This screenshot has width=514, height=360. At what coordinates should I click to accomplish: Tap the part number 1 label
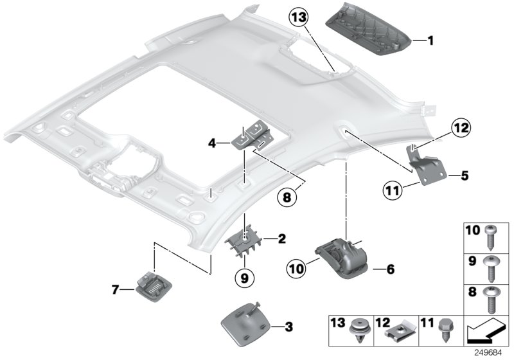pos(431,41)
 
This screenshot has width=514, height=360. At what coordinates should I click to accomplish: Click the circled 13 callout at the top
pos(300,17)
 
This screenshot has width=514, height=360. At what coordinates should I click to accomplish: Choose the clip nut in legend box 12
pos(398,330)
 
